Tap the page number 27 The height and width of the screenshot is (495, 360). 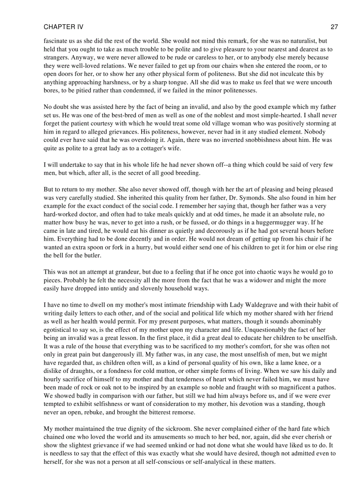[x=334, y=27]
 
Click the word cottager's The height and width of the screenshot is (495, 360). [x=158, y=148]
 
